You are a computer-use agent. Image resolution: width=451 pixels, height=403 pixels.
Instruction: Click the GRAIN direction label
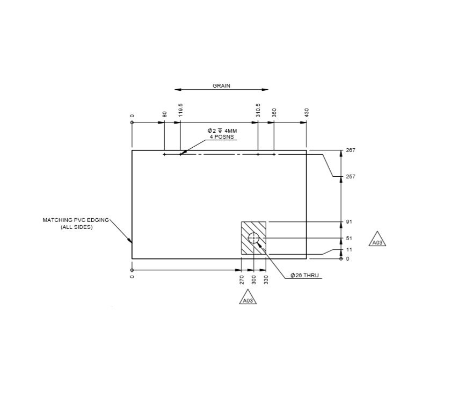tap(222, 85)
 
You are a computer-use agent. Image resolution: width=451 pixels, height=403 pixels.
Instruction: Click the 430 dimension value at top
tap(307, 112)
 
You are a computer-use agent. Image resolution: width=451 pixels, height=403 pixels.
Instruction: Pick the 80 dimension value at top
tap(165, 114)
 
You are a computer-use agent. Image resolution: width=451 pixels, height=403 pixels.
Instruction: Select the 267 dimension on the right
tap(351, 150)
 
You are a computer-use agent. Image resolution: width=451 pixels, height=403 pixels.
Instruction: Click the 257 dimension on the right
tap(351, 177)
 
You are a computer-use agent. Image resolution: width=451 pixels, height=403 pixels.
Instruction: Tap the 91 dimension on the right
tap(349, 222)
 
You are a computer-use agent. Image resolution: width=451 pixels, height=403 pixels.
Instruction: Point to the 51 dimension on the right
tap(349, 238)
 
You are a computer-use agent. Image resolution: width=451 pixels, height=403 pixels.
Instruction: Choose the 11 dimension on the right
tap(349, 250)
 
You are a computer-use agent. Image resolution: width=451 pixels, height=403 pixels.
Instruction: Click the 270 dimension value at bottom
tap(242, 279)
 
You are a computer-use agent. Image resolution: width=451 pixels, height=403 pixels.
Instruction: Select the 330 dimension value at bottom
tap(266, 279)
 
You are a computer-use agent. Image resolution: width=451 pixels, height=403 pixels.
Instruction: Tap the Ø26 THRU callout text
tap(304, 275)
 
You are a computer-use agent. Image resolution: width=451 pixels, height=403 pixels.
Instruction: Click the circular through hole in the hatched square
tap(253, 238)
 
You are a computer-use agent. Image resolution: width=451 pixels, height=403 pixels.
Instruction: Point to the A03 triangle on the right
tap(377, 241)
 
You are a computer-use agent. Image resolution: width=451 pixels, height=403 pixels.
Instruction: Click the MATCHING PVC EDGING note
tap(76, 224)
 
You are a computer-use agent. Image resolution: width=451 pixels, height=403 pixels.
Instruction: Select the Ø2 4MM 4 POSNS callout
tap(222, 134)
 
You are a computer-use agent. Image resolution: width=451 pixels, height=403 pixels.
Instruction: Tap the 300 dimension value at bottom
tap(254, 279)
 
